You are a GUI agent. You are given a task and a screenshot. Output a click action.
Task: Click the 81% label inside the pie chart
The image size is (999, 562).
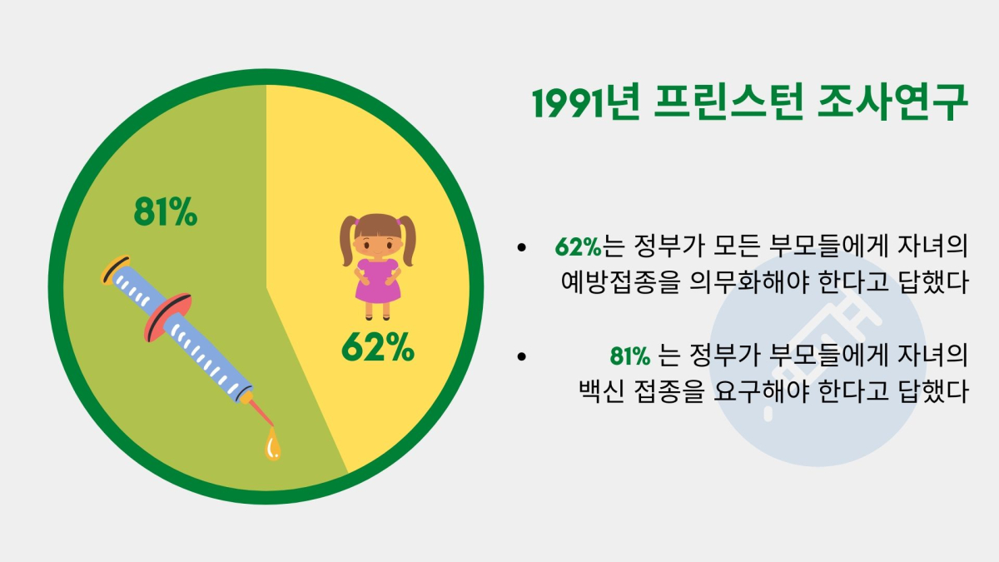pyautogui.click(x=166, y=211)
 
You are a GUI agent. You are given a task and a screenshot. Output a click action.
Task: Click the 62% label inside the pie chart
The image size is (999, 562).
pyautogui.click(x=378, y=346)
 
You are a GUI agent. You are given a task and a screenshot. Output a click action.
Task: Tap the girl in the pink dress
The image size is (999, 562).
pyautogui.click(x=377, y=266)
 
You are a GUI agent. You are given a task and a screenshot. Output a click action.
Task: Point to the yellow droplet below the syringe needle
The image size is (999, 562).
pyautogui.click(x=272, y=444)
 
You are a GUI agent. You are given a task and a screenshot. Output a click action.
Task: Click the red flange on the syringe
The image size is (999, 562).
pyautogui.click(x=167, y=317)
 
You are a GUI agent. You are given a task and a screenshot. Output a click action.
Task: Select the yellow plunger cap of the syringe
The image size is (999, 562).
pyautogui.click(x=115, y=270)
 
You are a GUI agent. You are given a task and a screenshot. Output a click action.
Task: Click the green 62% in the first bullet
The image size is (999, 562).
pyautogui.click(x=579, y=246)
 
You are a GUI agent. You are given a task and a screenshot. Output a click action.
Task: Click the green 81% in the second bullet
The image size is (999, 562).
pyautogui.click(x=630, y=356)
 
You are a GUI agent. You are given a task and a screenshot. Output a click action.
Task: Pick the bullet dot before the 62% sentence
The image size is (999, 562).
pyautogui.click(x=521, y=247)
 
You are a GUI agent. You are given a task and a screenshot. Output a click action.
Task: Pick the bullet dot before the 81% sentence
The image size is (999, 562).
pyautogui.click(x=521, y=356)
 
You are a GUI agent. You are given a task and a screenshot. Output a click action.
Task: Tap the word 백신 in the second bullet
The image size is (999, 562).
pyautogui.click(x=601, y=391)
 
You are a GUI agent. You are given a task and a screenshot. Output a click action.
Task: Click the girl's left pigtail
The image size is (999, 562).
pyautogui.click(x=348, y=241)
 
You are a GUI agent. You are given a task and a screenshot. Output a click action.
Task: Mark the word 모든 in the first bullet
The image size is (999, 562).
pyautogui.click(x=736, y=246)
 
